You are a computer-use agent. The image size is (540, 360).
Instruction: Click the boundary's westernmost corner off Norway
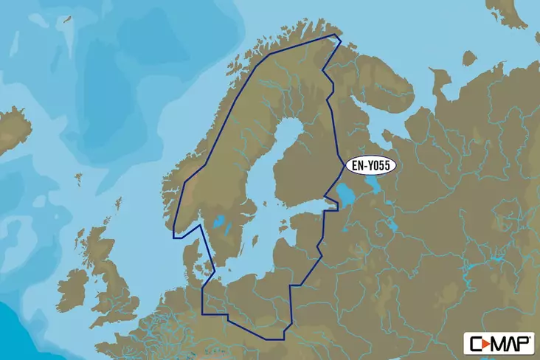click(x=173, y=238)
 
